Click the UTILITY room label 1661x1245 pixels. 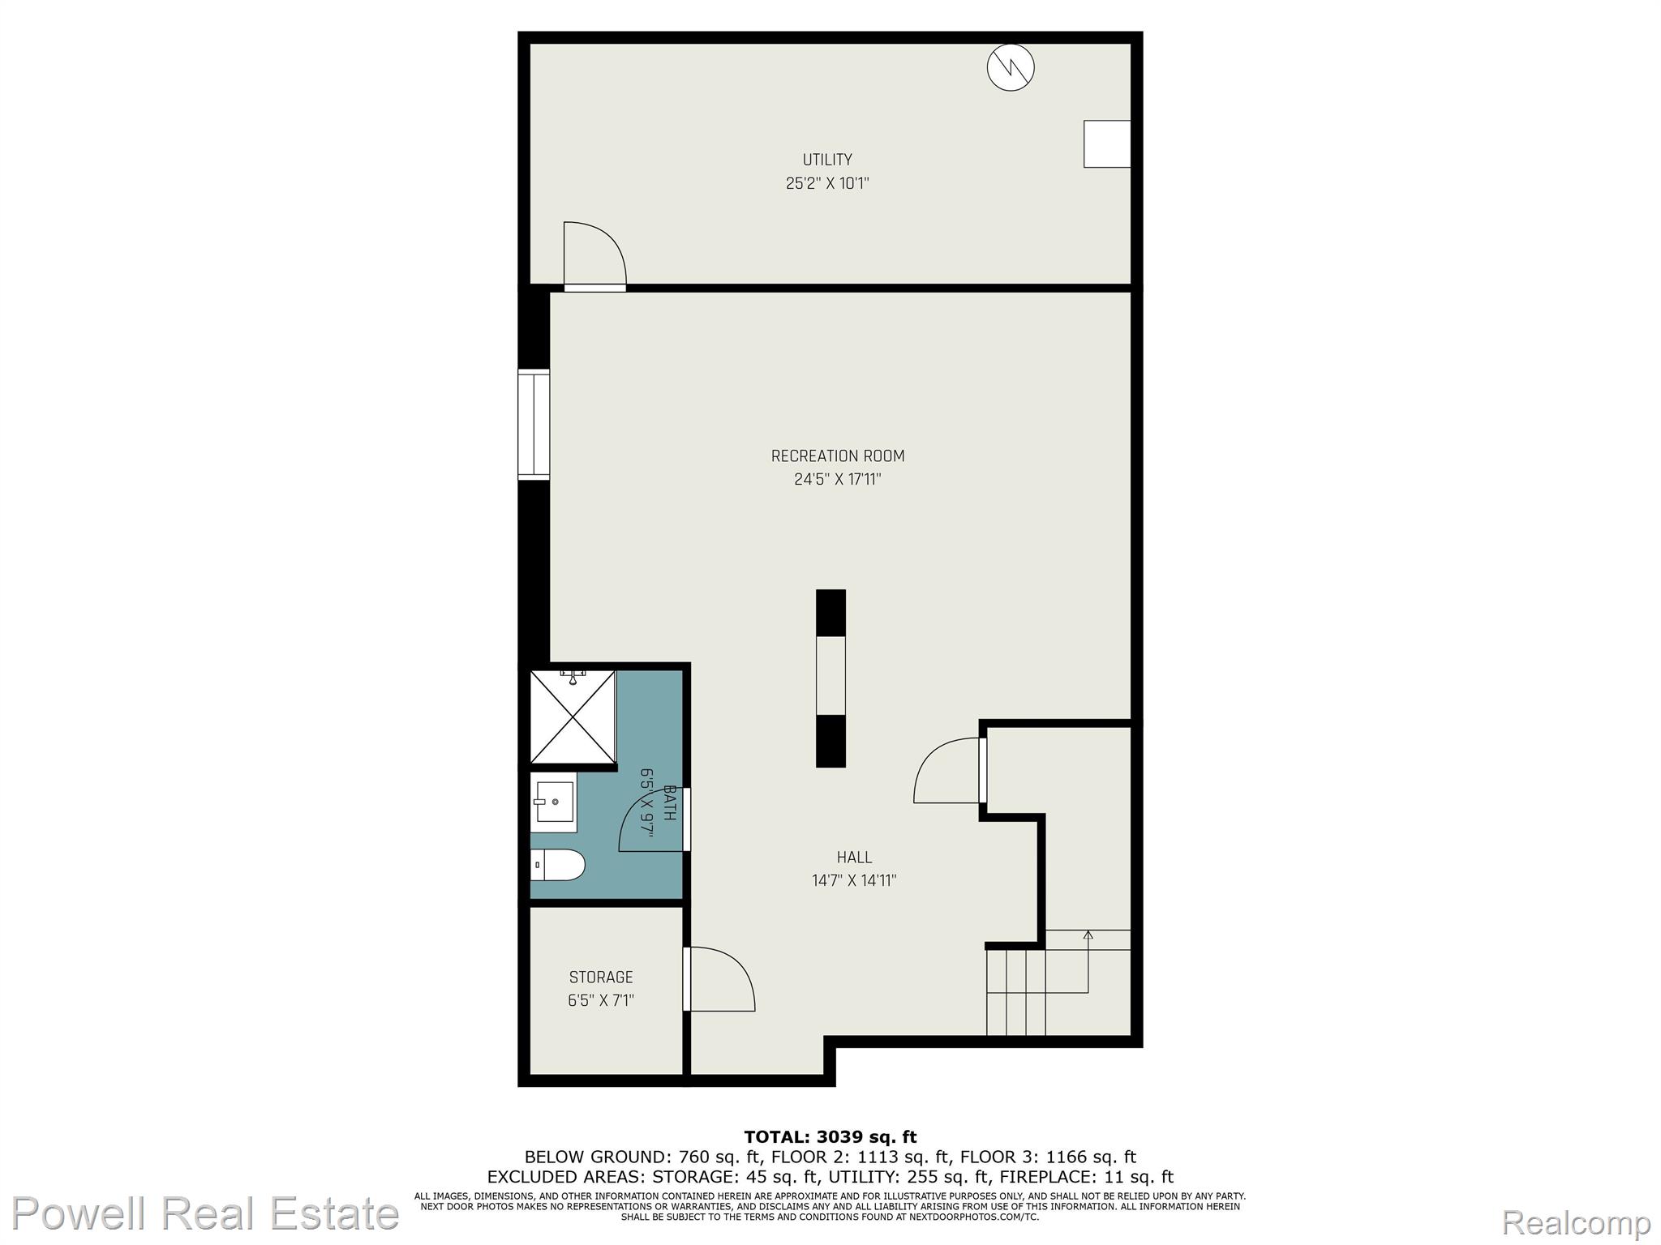click(x=827, y=160)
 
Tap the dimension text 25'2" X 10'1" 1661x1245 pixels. click(x=827, y=183)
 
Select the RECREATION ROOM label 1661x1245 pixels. click(x=838, y=456)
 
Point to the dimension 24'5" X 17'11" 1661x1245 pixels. click(x=838, y=480)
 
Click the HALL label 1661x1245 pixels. click(x=855, y=858)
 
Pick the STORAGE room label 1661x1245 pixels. click(x=601, y=978)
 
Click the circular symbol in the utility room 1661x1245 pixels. click(x=1011, y=67)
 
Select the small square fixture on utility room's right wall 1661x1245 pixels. click(x=1107, y=144)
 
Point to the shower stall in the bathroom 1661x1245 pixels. click(x=573, y=717)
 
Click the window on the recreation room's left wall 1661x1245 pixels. click(x=534, y=425)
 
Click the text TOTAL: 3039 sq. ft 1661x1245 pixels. click(x=830, y=1137)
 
